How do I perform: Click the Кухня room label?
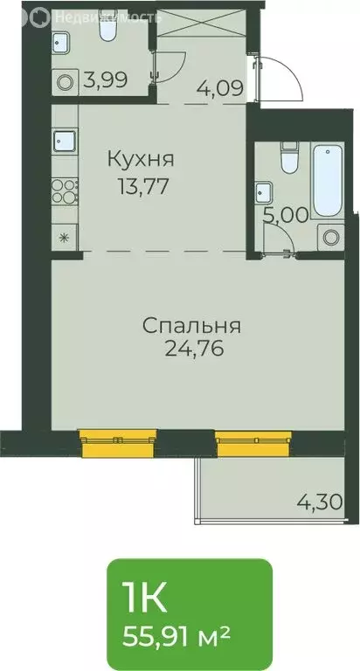click(141, 160)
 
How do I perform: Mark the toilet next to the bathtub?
click(287, 161)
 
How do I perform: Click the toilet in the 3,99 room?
click(107, 31)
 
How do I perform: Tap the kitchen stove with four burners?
click(65, 190)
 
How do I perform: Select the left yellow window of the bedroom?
click(118, 442)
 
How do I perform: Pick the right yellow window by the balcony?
click(252, 443)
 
